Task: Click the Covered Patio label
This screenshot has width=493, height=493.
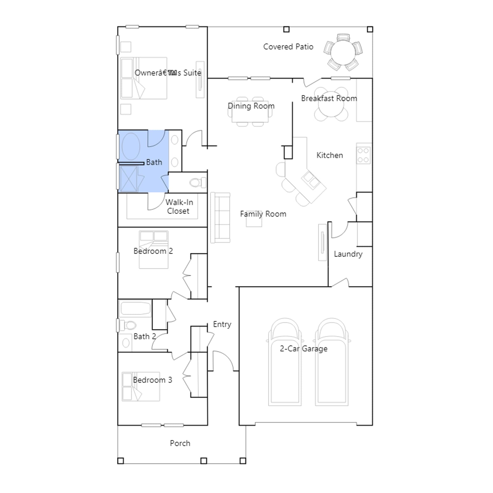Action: tap(288, 47)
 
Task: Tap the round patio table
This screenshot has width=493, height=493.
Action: tap(343, 52)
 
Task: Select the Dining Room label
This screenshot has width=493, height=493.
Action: tap(251, 106)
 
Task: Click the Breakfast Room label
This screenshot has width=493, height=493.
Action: tap(329, 98)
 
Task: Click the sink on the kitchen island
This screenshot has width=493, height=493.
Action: tap(310, 180)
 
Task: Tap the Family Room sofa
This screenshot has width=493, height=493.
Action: tap(220, 218)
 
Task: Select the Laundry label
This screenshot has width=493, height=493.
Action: tap(348, 254)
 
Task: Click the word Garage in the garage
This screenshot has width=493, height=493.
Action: tap(315, 349)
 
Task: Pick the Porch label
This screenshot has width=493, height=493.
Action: tap(180, 443)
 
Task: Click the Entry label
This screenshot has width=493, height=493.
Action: tap(222, 324)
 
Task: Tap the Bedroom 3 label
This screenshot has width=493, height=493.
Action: tap(153, 380)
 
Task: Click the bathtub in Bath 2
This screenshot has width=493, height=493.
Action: tap(135, 308)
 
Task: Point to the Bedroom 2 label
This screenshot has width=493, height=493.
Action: tap(153, 251)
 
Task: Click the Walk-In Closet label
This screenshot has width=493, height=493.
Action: tap(179, 207)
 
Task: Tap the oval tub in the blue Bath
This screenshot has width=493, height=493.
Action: tap(131, 146)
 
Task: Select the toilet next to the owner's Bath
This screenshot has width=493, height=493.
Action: tap(198, 182)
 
